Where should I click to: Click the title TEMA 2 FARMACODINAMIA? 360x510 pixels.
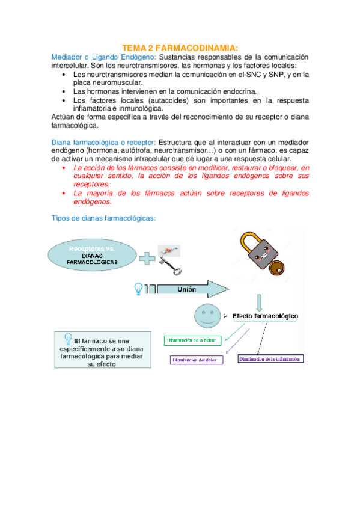click(180, 47)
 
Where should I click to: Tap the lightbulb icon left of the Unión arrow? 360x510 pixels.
click(139, 289)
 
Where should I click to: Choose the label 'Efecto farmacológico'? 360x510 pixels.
click(267, 316)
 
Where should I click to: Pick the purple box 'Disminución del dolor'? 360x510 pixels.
click(198, 360)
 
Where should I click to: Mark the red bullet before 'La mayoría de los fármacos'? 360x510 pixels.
click(64, 194)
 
